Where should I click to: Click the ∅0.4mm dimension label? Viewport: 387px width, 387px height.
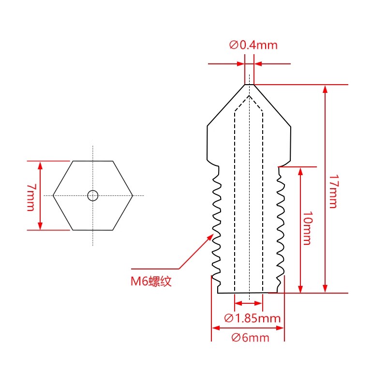click(253, 45)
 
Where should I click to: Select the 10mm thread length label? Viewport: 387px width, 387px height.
click(307, 230)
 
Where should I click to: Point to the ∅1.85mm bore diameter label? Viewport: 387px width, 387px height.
click(253, 318)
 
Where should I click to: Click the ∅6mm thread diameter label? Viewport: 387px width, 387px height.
click(250, 338)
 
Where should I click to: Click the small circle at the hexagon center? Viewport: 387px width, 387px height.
click(92, 195)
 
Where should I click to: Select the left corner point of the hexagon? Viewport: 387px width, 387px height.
click(53, 195)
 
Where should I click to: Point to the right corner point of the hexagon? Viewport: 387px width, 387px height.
click(132, 195)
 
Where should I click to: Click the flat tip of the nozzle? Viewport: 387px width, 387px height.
click(249, 85)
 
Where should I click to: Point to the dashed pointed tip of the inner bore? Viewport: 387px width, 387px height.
click(249, 95)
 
